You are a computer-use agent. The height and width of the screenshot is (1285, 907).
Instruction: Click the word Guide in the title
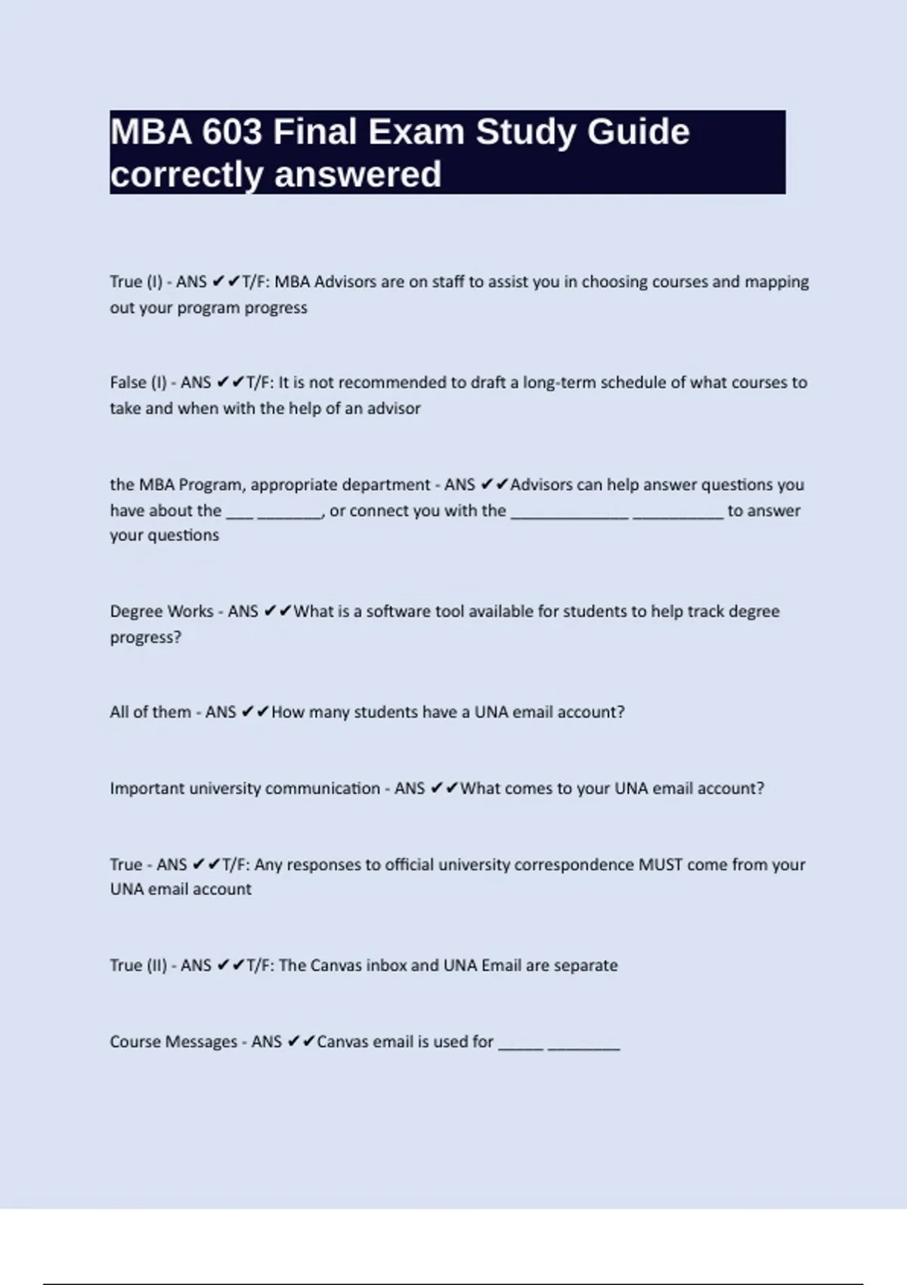638,132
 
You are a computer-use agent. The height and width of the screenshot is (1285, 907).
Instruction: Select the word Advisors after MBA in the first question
345,282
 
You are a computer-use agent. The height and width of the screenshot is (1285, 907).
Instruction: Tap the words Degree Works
161,612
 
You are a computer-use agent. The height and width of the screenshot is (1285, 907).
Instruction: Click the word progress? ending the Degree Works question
146,637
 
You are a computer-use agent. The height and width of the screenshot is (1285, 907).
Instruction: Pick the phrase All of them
150,712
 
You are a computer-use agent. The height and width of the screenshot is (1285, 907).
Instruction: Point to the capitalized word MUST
661,865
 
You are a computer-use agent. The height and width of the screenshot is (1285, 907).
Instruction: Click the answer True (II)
138,965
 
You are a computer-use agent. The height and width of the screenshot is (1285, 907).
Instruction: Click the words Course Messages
173,1042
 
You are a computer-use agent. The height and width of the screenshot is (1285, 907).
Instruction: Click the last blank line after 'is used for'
584,1047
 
